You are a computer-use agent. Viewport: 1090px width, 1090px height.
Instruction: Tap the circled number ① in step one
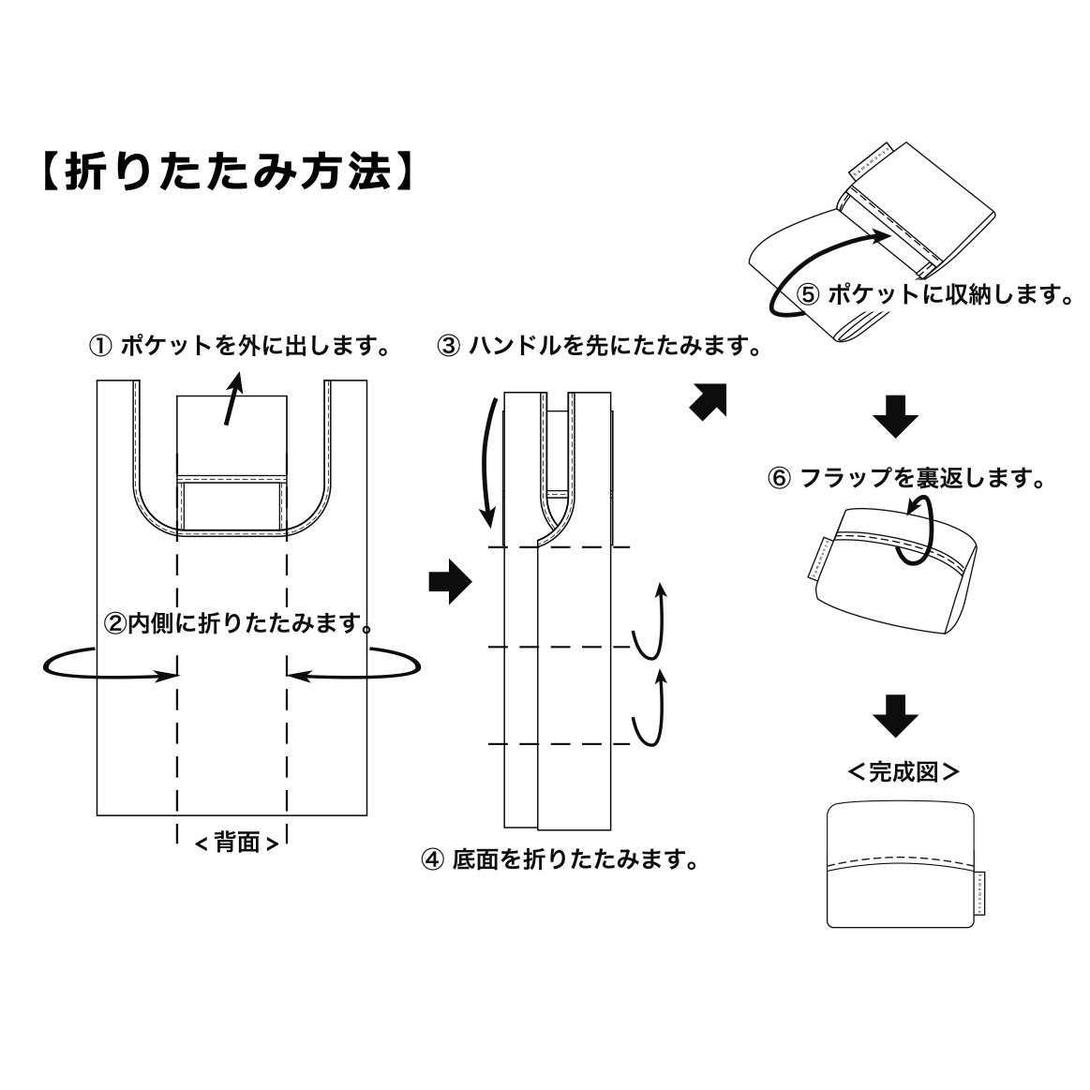100,346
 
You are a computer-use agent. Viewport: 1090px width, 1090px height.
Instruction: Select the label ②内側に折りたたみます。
237,621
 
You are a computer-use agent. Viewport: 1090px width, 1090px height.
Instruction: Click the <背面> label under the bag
236,843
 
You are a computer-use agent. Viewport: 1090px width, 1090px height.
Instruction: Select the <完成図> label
903,772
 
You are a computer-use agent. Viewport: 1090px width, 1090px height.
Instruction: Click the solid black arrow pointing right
449,582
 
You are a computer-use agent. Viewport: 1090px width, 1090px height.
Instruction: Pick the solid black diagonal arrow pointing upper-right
708,401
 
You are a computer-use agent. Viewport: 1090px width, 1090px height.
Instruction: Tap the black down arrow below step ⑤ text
895,417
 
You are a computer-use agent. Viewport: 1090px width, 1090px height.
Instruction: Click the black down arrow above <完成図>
895,715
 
